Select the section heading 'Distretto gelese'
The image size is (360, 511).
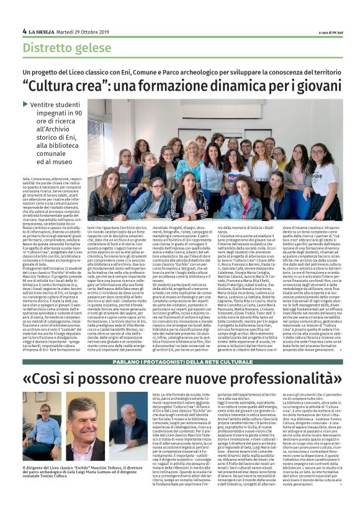point(64,48)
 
